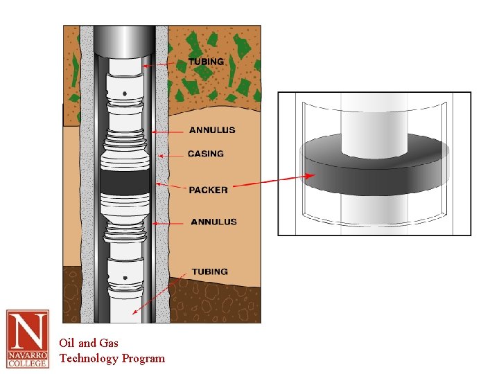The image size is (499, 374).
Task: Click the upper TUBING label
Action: pyautogui.click(x=206, y=62)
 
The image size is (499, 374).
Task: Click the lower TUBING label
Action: pyautogui.click(x=209, y=271)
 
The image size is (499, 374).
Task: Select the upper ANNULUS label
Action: pyautogui.click(x=212, y=130)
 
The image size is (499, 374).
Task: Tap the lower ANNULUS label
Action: pyautogui.click(x=213, y=222)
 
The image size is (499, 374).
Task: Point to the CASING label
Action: pyautogui.click(x=206, y=154)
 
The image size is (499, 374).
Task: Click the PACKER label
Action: pyautogui.click(x=208, y=190)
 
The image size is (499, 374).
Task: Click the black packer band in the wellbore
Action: pyautogui.click(x=125, y=181)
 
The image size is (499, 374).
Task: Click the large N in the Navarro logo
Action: pyautogui.click(x=27, y=331)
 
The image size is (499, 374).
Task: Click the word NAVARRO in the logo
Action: pyautogui.click(x=28, y=355)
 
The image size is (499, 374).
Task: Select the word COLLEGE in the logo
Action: pyautogui.click(x=28, y=362)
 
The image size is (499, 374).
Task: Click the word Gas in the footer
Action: pyautogui.click(x=109, y=343)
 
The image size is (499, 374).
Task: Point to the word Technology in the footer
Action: pyautogui.click(x=89, y=358)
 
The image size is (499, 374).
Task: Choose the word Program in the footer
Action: pyautogui.click(x=143, y=358)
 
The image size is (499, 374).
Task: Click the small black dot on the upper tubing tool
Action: pyautogui.click(x=124, y=92)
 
